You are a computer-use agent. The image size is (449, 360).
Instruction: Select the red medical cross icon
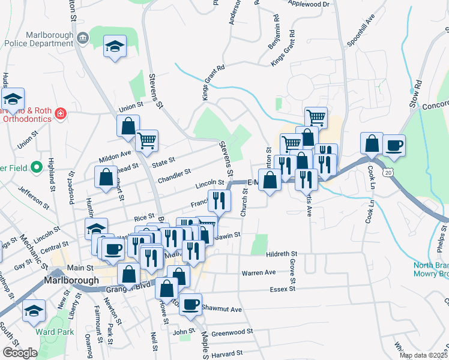point(60,113)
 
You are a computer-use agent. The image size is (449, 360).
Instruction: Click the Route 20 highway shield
point(388,173)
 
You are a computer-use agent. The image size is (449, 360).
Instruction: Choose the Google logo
point(20,353)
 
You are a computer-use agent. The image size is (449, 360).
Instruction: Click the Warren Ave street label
point(258,272)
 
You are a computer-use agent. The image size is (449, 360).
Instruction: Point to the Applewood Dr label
point(309,4)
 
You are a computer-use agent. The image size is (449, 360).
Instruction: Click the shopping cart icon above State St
point(146,141)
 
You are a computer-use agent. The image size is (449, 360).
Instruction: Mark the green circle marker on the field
point(37,167)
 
